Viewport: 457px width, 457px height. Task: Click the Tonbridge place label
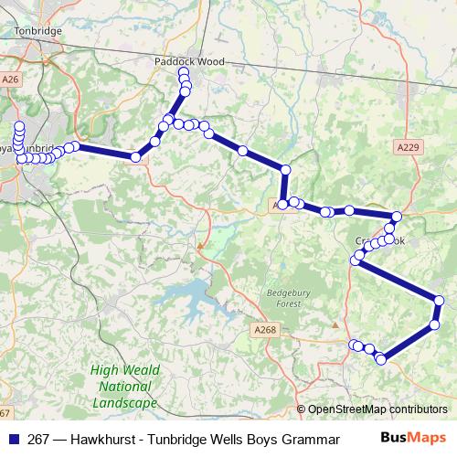[x=37, y=30]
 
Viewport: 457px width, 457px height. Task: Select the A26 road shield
[x=10, y=80]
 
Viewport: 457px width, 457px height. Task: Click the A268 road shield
[x=264, y=329]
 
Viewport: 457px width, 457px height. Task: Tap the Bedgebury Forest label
[x=282, y=297]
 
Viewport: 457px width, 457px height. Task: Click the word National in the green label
[x=124, y=387]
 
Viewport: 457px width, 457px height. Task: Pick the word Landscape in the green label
[x=124, y=402]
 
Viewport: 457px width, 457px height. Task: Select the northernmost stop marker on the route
[x=184, y=72]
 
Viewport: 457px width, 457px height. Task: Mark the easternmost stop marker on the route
[x=440, y=301]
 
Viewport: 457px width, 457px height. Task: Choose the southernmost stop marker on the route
[x=381, y=359]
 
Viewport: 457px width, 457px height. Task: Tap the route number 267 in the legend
[x=39, y=438]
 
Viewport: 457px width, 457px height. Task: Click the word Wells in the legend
[x=212, y=438]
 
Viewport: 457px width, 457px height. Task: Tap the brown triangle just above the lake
[x=201, y=245]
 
